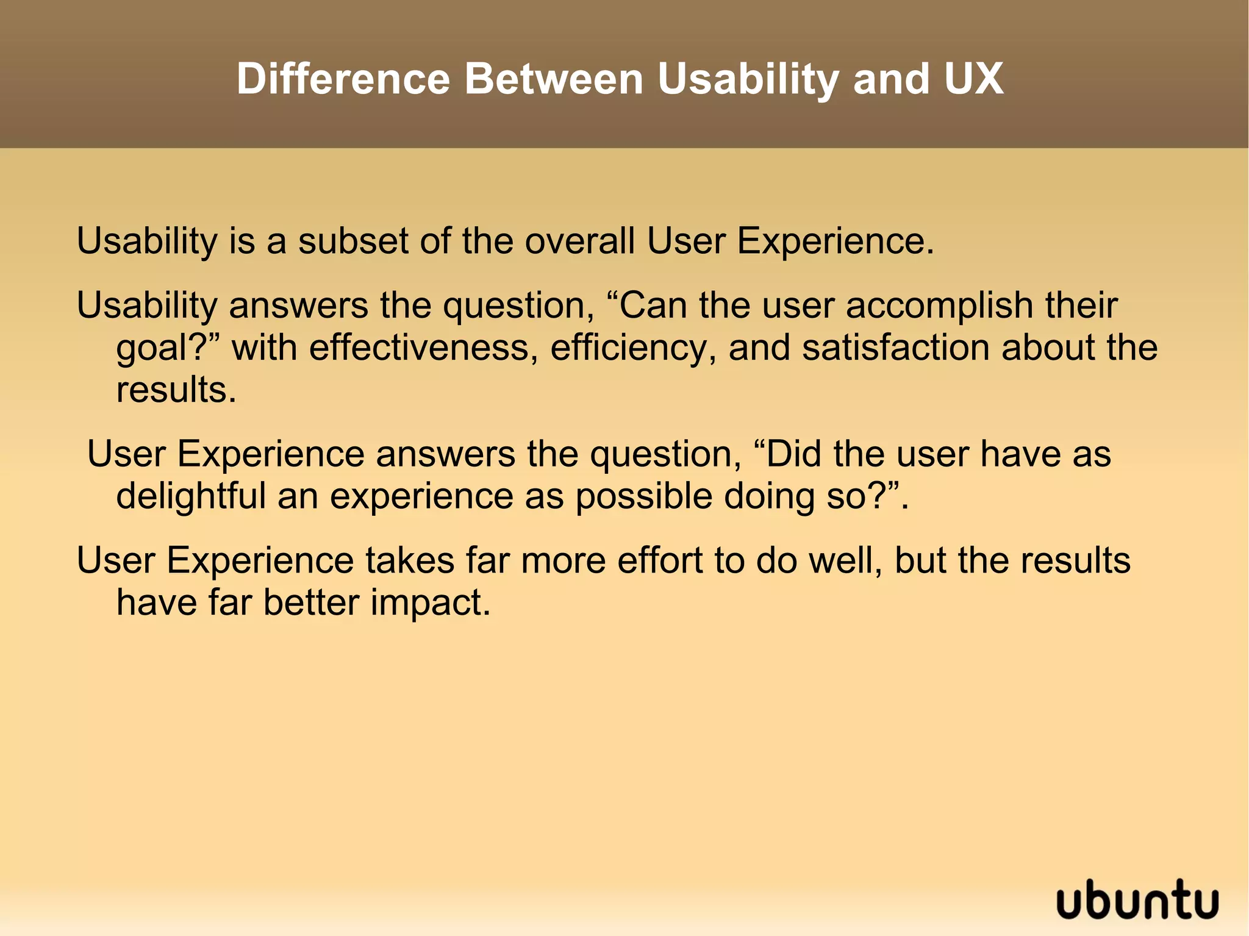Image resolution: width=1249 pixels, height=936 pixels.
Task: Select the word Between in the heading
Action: [554, 79]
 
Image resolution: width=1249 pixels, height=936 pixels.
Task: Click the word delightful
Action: [191, 496]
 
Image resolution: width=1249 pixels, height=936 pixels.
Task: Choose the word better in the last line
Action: [311, 602]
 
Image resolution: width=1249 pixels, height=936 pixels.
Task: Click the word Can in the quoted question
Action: [654, 305]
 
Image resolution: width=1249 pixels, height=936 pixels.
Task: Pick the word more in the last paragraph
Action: [563, 561]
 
